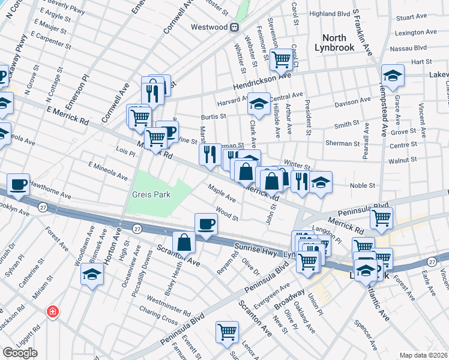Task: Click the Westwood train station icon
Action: pos(235,27)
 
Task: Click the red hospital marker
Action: pos(53,311)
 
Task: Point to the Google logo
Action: pos(20,353)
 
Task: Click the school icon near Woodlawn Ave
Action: pos(92,274)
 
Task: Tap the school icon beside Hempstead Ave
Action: pos(393,76)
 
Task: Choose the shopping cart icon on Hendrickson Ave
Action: pos(280,59)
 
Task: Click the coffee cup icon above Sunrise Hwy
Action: pos(206,224)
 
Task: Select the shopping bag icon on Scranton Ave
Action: pos(184,242)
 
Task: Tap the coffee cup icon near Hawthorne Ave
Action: pos(19,184)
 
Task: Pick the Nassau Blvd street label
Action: pos(411,46)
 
